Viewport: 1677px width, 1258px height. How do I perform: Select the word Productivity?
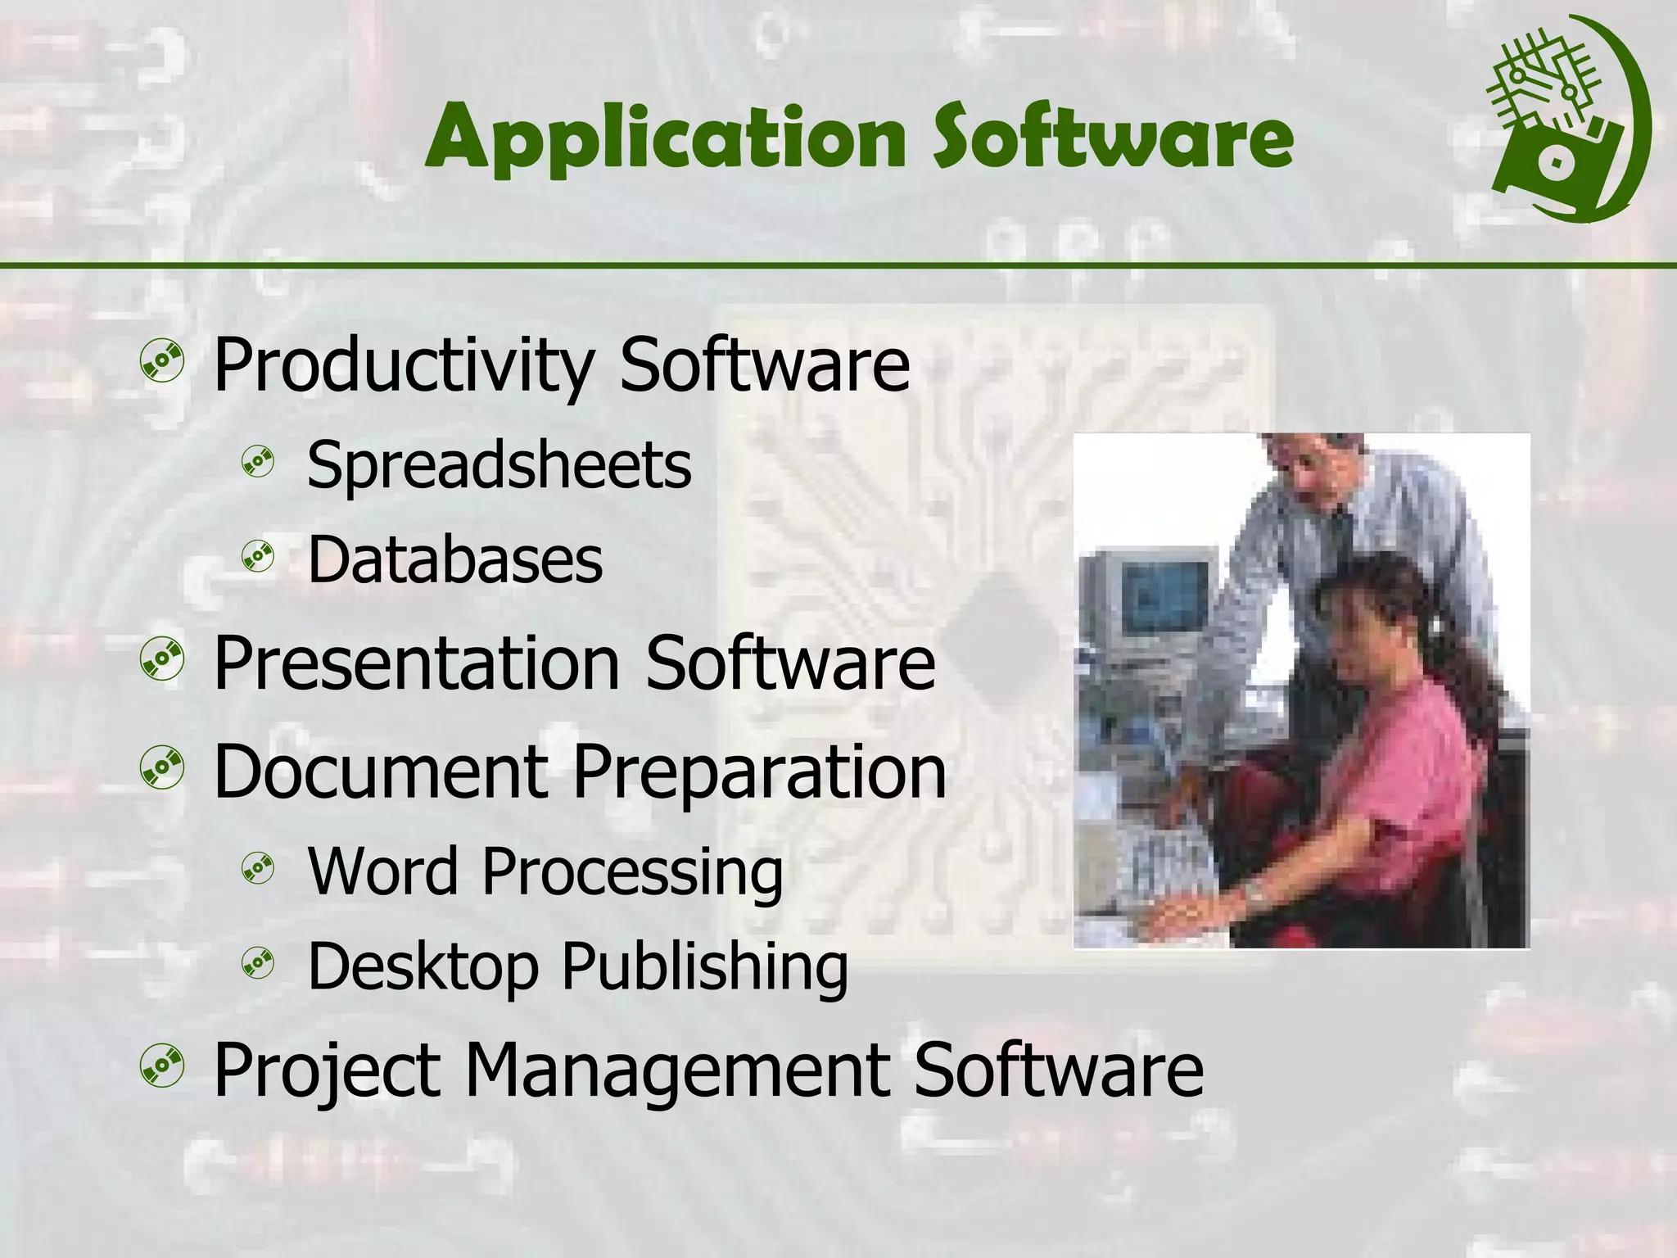(402, 366)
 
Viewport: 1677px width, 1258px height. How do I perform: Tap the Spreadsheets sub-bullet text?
(499, 465)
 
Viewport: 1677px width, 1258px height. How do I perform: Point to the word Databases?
(454, 560)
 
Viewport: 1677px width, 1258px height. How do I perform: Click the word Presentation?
(416, 663)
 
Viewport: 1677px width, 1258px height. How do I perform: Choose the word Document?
(379, 772)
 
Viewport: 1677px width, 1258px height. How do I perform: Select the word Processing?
(631, 871)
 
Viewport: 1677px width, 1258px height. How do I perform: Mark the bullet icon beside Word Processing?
(258, 869)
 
